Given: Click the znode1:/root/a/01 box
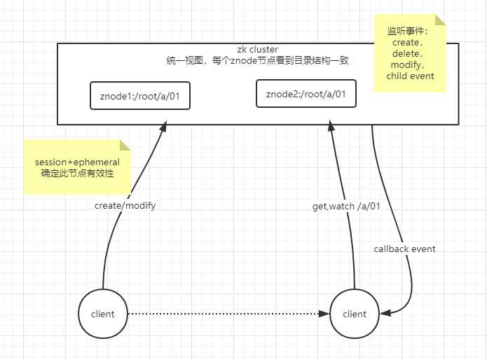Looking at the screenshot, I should pos(140,95).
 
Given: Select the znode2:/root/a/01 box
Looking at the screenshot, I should pos(306,93).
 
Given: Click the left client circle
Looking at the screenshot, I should pos(103,314).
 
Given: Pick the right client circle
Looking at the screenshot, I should pos(354,314).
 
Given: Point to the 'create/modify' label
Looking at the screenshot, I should pos(125,205).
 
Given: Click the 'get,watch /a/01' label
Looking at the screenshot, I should pos(345,207).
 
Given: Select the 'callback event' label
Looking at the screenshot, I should pos(404,249).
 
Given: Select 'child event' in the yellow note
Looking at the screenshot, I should pos(410,76).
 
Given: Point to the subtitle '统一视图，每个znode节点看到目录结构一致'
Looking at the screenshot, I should pos(258,61).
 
